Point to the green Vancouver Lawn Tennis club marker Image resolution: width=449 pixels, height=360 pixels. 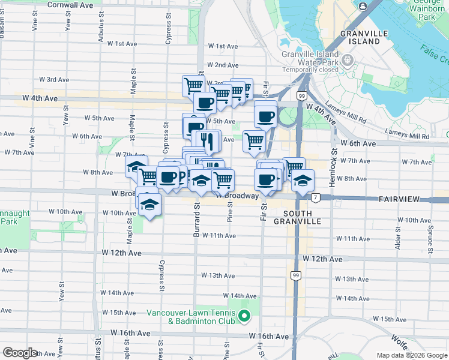click(x=244, y=316)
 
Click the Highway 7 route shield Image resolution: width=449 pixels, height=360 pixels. click(x=315, y=197)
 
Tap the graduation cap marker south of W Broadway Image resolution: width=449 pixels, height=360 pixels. click(x=148, y=206)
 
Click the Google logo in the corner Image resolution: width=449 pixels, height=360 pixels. click(x=20, y=353)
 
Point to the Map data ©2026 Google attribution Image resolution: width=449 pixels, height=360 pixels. click(x=411, y=355)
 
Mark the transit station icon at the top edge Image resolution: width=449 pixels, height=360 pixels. click(x=363, y=6)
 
